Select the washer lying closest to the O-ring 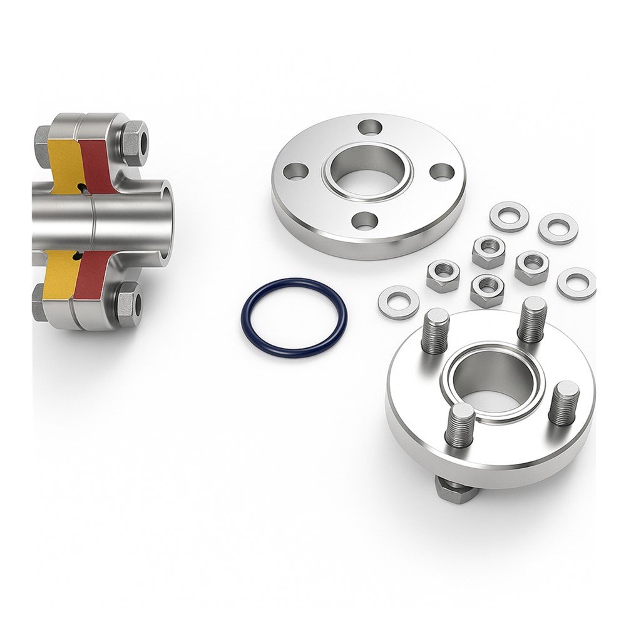tap(398, 302)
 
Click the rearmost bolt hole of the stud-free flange tap(370, 127)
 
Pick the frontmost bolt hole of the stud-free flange tap(366, 220)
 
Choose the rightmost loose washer tap(576, 284)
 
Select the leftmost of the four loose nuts tap(443, 276)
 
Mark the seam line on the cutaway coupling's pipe tap(91, 222)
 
